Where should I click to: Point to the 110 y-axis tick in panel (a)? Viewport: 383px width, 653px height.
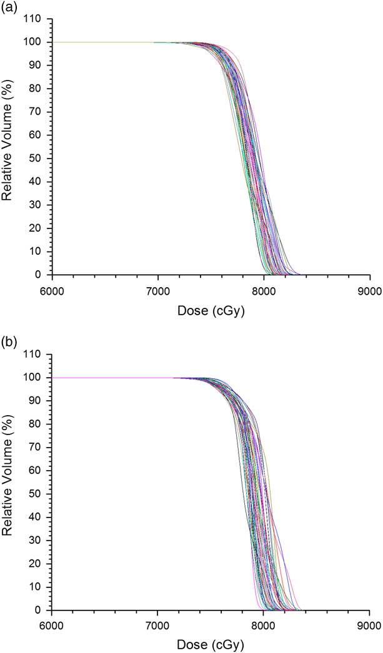click(37, 19)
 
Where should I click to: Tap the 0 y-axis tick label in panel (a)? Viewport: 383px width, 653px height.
click(42, 275)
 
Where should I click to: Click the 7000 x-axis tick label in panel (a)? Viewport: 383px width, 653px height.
click(157, 290)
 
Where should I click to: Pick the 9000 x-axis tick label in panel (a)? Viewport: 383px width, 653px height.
click(369, 290)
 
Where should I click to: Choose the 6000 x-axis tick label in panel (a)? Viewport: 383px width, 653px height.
click(52, 290)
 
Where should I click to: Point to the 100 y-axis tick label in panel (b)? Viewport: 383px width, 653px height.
click(37, 378)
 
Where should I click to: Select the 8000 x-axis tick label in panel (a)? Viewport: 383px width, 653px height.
click(263, 290)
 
